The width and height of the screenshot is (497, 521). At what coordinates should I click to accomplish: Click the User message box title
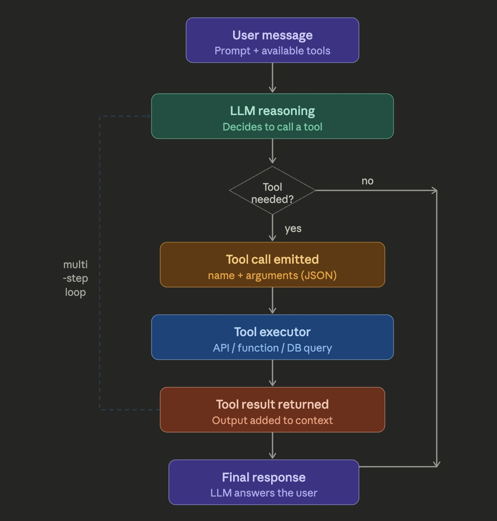click(x=272, y=35)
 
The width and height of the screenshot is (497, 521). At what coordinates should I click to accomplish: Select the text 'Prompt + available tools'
click(x=272, y=51)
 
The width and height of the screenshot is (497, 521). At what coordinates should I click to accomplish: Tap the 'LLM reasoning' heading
click(x=272, y=111)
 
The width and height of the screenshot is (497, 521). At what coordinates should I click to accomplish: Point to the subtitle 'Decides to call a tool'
click(x=272, y=127)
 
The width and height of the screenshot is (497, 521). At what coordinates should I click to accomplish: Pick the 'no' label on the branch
click(x=367, y=181)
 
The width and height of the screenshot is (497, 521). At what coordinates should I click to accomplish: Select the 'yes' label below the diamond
click(x=293, y=229)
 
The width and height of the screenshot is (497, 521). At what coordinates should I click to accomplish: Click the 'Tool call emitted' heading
click(x=272, y=260)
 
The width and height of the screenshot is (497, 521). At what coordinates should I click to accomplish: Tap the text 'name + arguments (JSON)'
click(x=272, y=275)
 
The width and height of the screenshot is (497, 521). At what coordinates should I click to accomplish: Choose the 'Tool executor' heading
click(x=272, y=332)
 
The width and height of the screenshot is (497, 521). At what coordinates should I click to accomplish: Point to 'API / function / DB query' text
click(x=272, y=348)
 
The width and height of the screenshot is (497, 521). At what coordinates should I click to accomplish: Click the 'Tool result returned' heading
click(x=272, y=405)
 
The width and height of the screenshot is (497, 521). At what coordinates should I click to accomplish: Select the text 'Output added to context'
click(x=272, y=420)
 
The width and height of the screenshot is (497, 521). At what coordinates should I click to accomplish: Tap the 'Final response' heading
click(x=263, y=478)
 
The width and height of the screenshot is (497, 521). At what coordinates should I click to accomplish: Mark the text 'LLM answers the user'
click(x=263, y=493)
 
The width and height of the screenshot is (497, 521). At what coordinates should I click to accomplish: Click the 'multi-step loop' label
click(x=75, y=278)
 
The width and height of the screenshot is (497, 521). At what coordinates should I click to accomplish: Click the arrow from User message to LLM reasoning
click(x=272, y=78)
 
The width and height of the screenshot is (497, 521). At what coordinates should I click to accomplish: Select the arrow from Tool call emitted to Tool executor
click(x=272, y=301)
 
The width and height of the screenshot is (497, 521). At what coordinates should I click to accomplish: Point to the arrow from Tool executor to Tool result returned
click(x=272, y=373)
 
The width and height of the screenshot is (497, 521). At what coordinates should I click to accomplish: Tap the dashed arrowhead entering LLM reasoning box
click(x=147, y=116)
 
